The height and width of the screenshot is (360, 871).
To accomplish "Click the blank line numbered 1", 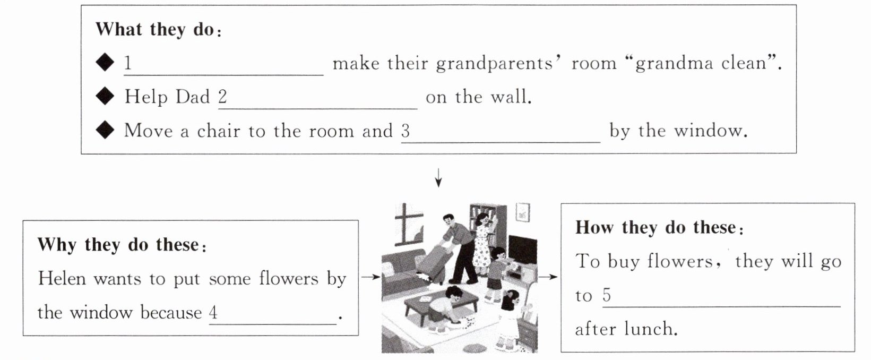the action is pyautogui.click(x=223, y=66).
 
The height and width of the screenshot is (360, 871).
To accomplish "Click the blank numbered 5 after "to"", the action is pyautogui.click(x=721, y=297).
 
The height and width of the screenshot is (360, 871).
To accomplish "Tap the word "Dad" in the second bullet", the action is pyautogui.click(x=195, y=97).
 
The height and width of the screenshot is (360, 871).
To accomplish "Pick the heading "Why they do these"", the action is pyautogui.click(x=118, y=245).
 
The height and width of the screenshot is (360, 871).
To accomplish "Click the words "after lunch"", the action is pyautogui.click(x=626, y=329).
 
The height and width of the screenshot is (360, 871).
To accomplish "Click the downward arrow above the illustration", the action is pyautogui.click(x=438, y=178).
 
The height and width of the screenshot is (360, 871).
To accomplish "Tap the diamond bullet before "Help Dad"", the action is pyautogui.click(x=105, y=97).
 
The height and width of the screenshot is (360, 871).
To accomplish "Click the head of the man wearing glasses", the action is pyautogui.click(x=448, y=220).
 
